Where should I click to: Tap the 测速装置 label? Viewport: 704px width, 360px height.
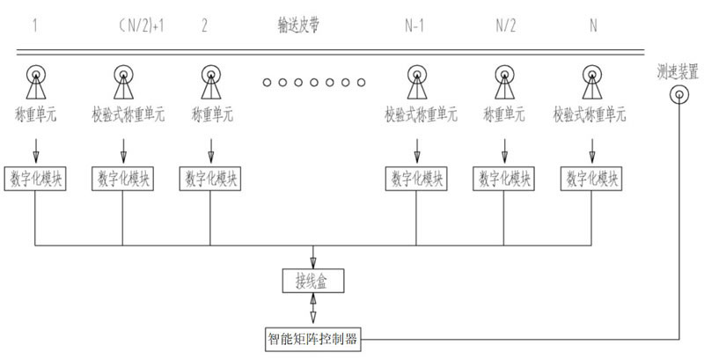[677, 70]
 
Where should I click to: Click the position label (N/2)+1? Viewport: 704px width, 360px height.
[140, 26]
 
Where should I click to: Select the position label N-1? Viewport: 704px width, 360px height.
[414, 26]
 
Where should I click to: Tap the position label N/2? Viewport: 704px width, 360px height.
[506, 26]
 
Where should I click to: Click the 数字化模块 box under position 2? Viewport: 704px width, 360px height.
[211, 178]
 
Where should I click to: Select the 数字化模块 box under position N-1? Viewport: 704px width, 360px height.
[414, 178]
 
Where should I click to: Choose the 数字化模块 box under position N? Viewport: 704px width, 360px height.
[589, 178]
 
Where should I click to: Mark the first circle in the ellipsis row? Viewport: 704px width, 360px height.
[267, 83]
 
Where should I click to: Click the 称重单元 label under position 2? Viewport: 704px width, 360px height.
[210, 114]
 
